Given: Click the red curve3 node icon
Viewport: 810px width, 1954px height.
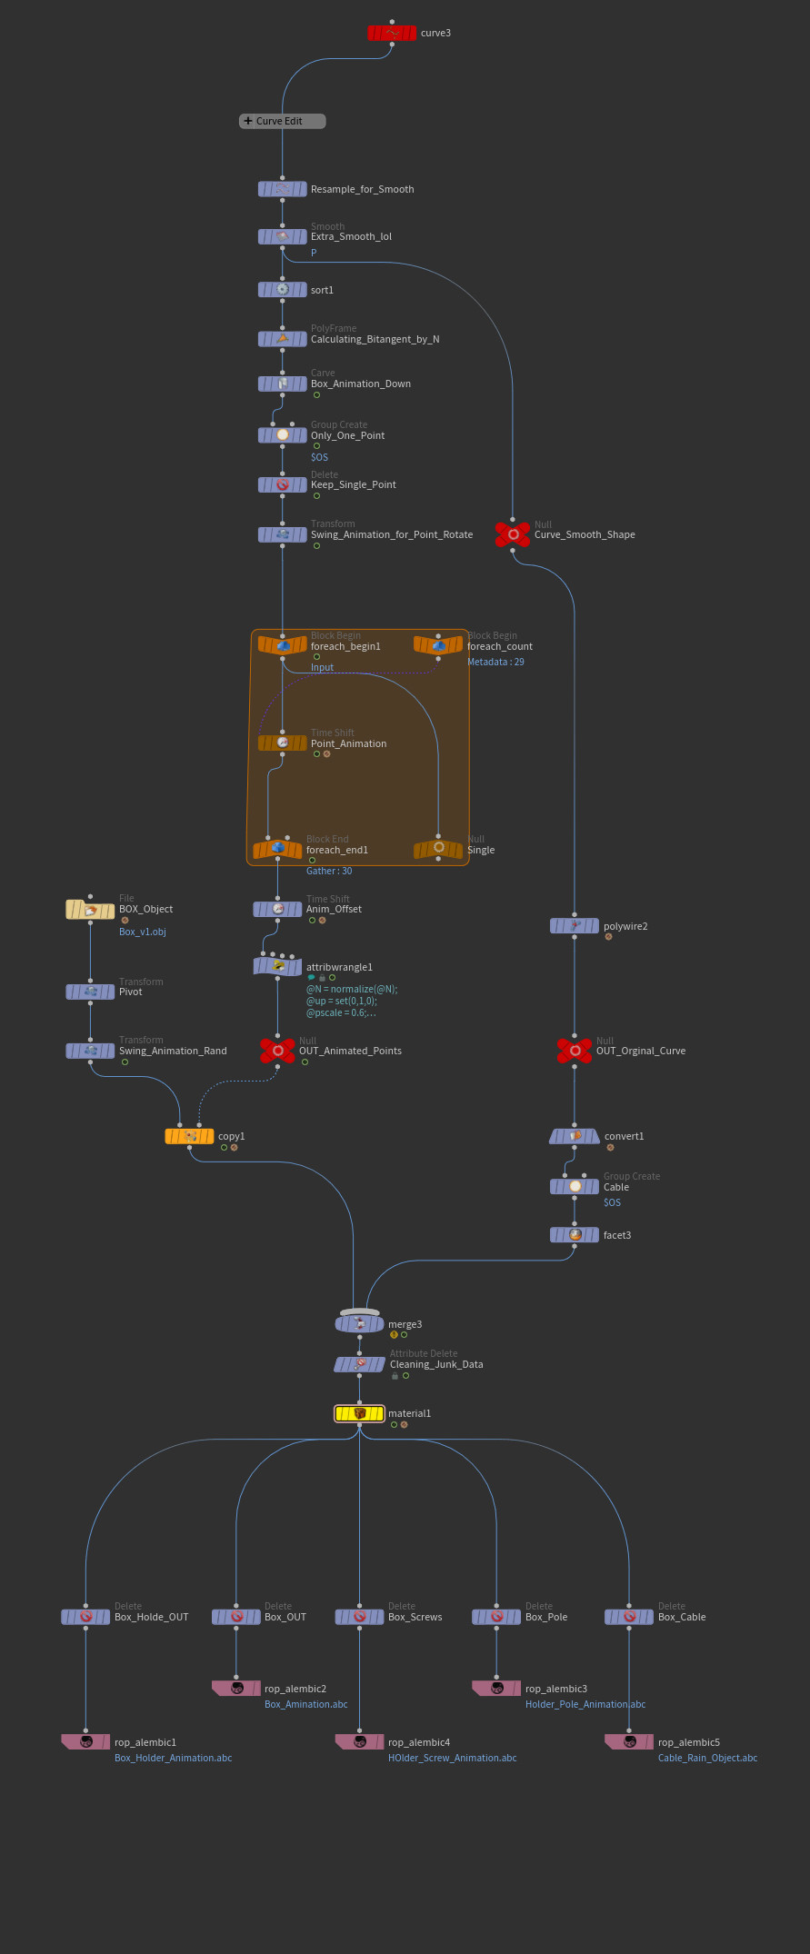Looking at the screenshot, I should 392,34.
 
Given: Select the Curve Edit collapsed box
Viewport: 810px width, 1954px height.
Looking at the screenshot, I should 282,121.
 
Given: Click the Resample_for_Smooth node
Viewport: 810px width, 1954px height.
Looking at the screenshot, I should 282,189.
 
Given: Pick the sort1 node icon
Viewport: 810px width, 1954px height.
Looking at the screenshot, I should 282,290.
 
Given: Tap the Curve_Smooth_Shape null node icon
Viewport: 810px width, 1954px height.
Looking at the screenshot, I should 514,534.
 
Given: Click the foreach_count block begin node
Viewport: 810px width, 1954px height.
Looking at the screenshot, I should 438,645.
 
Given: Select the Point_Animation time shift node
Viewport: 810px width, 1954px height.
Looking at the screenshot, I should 282,743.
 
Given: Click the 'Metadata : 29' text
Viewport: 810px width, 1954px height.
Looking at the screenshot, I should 495,662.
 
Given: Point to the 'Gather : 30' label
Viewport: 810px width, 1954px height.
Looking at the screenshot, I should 329,871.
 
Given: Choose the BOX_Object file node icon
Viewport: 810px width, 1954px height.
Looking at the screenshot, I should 90,910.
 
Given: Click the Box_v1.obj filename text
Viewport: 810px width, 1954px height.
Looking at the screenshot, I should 142,932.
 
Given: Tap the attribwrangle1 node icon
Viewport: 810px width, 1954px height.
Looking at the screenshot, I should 277,967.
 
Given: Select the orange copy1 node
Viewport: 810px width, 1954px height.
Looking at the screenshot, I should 189,1136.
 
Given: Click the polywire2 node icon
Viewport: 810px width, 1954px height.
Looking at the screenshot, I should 575,926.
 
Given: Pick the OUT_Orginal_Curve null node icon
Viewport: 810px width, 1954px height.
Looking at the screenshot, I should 575,1051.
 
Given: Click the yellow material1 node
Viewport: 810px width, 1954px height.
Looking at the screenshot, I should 360,1413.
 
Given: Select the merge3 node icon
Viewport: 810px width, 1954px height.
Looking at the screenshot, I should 360,1324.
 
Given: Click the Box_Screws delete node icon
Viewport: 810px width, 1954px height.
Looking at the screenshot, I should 359,1617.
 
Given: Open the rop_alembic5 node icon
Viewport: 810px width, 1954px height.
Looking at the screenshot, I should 629,1742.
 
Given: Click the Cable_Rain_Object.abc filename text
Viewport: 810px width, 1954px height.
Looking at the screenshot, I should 707,1758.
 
